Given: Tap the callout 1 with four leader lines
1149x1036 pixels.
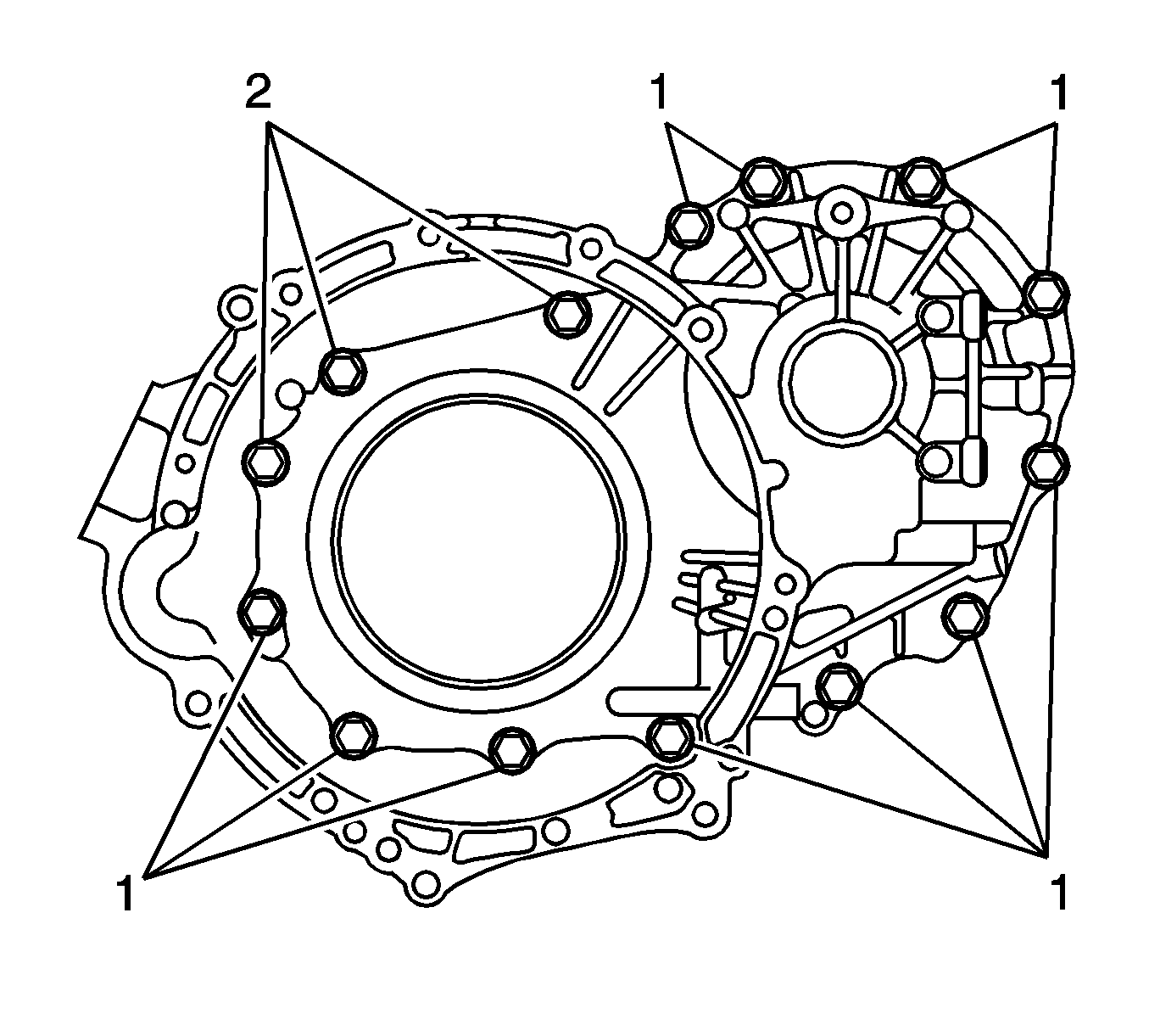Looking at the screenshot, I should coord(1057,894).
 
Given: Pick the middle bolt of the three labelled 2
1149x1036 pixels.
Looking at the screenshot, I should coord(343,370).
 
